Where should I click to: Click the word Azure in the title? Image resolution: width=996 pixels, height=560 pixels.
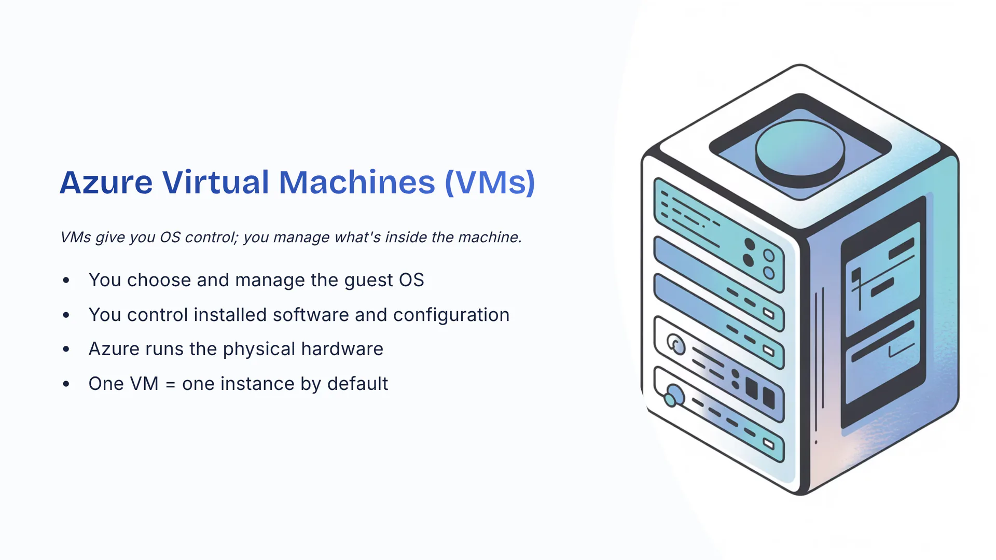coord(106,183)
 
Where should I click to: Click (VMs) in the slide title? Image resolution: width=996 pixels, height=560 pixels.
coord(490,183)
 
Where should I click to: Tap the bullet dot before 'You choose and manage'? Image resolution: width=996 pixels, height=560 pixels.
coord(66,281)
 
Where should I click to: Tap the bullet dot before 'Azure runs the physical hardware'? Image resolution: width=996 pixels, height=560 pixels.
coord(66,349)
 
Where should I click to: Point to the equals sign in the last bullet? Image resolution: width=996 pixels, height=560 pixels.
coord(170,384)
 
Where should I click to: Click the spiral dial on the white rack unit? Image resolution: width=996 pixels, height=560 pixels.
coord(676,344)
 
